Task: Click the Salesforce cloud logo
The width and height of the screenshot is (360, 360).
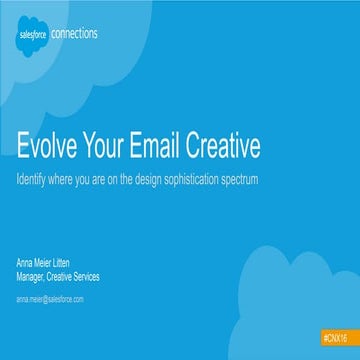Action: click(32, 36)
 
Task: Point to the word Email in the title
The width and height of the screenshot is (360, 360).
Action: click(176, 146)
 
